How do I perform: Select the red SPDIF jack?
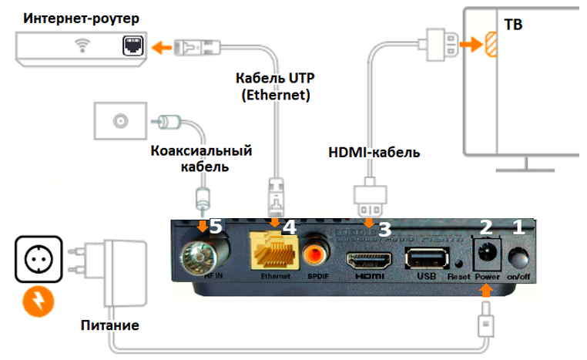pos(316,252)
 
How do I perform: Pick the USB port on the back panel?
pos(423,258)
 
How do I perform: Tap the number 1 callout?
pos(518,227)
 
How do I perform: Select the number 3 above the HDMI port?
pos(384,228)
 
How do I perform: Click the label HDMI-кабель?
pos(370,153)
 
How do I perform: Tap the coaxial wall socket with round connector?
pos(119,121)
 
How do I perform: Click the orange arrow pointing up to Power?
pos(486,289)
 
